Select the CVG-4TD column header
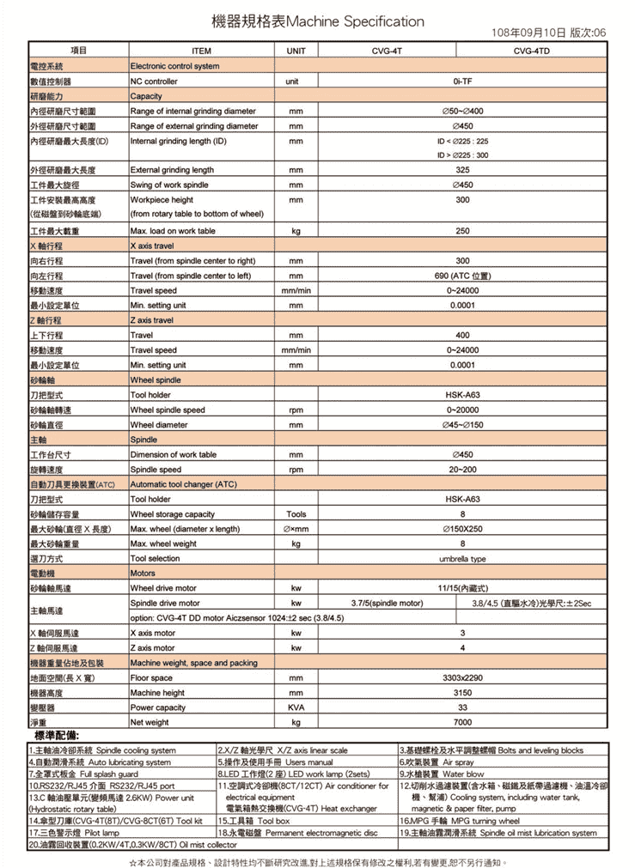coord(532,52)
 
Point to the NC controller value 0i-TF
coord(462,82)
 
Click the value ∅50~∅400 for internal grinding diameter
coord(462,112)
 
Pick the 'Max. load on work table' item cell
coord(173,231)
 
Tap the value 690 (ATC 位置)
coord(462,276)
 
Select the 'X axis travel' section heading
coord(151,246)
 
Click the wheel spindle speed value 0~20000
coord(462,410)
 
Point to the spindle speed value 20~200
coord(462,470)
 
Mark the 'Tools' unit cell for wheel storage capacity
coord(296,513)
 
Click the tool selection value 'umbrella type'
coord(462,558)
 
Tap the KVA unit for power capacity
coord(296,707)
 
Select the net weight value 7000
coord(462,722)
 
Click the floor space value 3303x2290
coord(462,677)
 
